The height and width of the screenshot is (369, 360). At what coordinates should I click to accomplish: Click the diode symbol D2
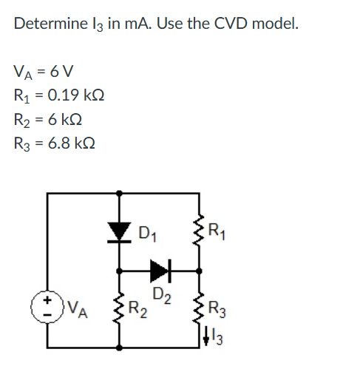(161, 271)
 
